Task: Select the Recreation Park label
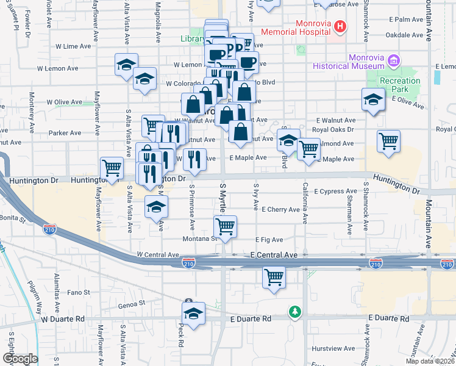[399, 85]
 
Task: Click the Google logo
[20, 359]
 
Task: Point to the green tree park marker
[295, 312]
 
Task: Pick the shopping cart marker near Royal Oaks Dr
[388, 142]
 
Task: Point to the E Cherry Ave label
[280, 209]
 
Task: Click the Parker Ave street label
[65, 133]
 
